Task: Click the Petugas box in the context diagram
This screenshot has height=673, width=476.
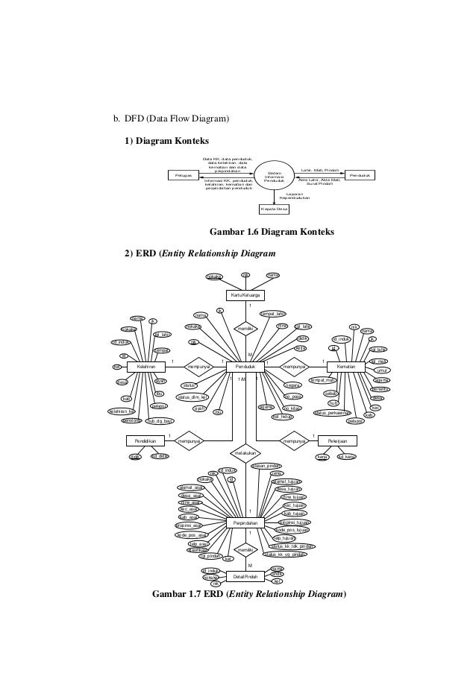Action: click(x=184, y=175)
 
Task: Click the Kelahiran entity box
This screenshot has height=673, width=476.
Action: click(x=145, y=366)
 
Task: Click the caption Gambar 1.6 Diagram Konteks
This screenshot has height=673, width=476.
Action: click(x=272, y=233)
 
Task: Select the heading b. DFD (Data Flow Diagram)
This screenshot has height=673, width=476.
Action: click(x=170, y=119)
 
